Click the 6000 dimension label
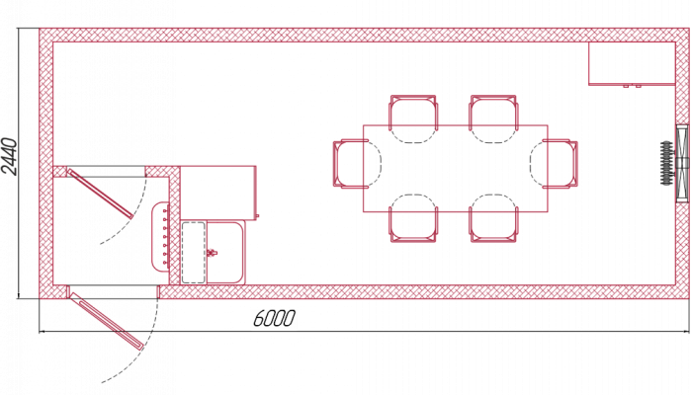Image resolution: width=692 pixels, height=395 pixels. click(274, 318)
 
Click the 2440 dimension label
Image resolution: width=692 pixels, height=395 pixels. click(10, 156)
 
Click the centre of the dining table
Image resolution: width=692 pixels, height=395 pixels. click(456, 169)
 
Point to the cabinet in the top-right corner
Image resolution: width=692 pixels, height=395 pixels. click(632, 64)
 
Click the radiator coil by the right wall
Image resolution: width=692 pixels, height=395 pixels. click(666, 163)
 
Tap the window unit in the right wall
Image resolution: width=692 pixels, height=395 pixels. click(682, 163)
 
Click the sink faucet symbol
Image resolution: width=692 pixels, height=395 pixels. click(212, 253)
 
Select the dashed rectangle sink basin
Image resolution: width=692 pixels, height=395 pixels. click(194, 253)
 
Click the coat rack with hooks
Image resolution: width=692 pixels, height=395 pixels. click(161, 236)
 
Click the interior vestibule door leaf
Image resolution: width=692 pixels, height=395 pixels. click(100, 194)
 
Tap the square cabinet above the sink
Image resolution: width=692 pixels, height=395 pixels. click(218, 193)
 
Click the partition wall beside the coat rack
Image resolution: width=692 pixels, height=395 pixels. click(175, 226)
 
